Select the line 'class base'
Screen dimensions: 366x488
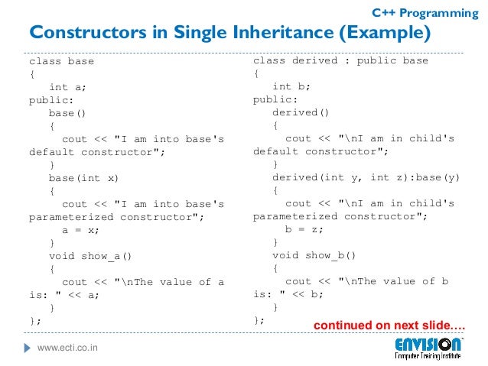(x=61, y=61)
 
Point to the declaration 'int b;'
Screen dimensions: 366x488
(x=291, y=86)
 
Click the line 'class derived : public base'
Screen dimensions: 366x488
(x=340, y=60)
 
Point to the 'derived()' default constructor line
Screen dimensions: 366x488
(x=301, y=112)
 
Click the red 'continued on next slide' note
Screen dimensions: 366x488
(x=390, y=326)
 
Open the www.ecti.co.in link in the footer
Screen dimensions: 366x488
(x=73, y=349)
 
